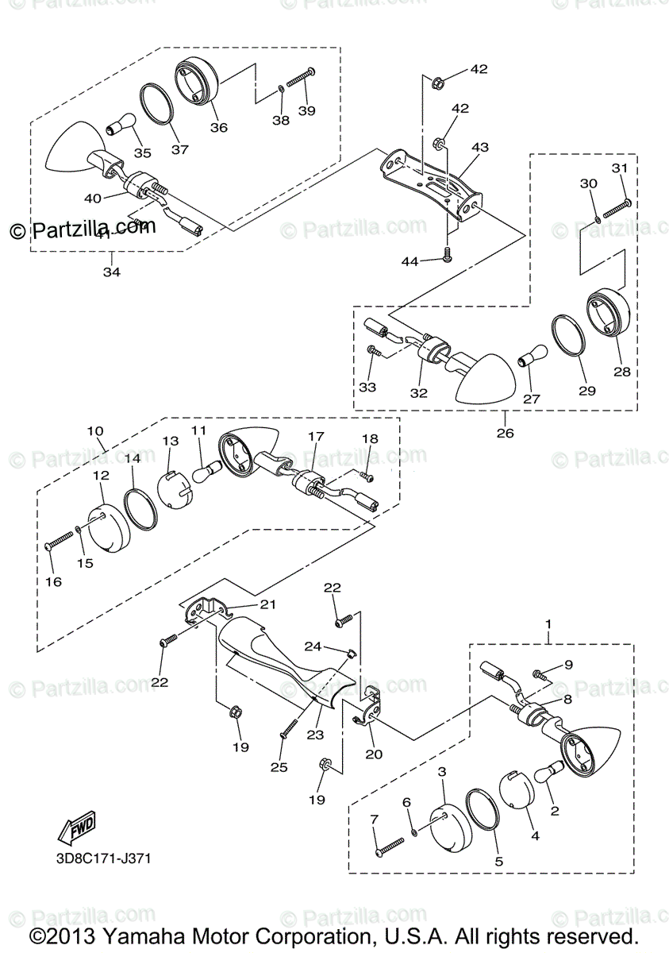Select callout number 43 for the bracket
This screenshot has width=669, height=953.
point(480,148)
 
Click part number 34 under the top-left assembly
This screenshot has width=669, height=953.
point(112,272)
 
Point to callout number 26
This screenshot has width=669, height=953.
point(505,433)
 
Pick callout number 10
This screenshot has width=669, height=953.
point(95,431)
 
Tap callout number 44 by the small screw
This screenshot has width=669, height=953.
point(410,261)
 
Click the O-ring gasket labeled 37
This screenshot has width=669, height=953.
point(160,104)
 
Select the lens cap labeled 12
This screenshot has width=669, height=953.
point(106,527)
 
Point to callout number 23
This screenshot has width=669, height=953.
point(315,736)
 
